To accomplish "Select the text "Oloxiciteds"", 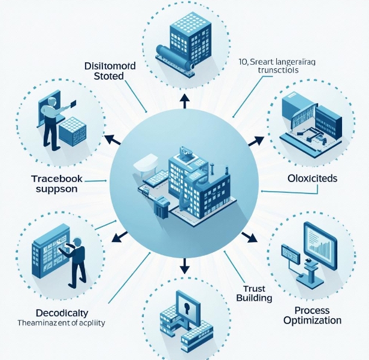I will [x=312, y=179].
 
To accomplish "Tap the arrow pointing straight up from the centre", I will [x=184, y=102].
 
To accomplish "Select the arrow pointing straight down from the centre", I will [x=184, y=264].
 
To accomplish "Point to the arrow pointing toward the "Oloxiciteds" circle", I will [x=256, y=141].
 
